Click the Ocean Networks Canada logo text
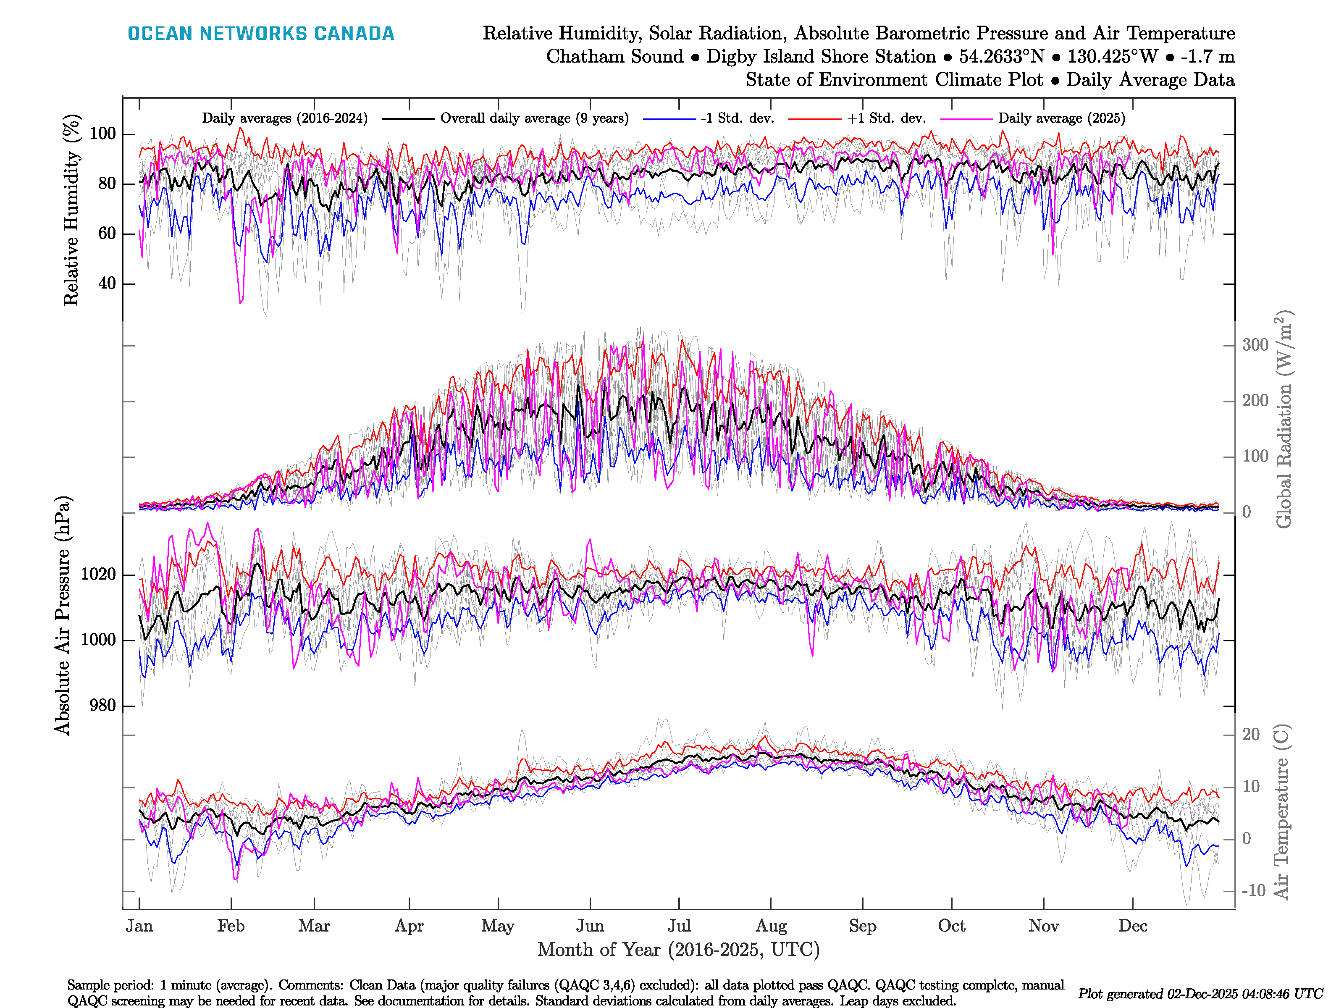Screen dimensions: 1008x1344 pos(261,34)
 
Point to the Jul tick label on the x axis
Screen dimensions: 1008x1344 pos(679,926)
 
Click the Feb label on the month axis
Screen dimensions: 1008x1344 pos(231,926)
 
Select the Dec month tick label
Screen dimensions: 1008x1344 pos(1133,926)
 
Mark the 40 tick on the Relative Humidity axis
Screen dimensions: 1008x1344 pos(107,283)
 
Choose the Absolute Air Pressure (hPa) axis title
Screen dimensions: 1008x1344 pos(63,615)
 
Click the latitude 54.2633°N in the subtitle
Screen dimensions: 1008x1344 pos(1001,57)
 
